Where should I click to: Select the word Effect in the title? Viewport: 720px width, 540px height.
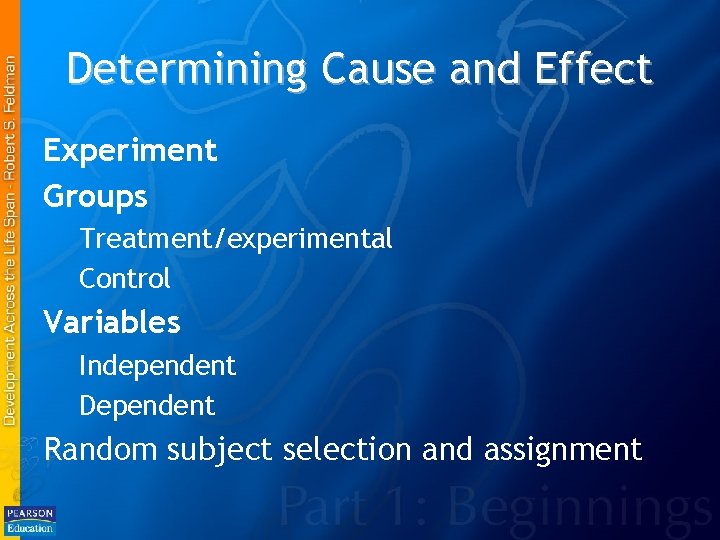[595, 69]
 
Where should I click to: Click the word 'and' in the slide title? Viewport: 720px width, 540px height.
[480, 69]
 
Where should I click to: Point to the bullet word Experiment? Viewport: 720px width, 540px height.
[130, 151]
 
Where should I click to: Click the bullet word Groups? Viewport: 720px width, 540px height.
[96, 196]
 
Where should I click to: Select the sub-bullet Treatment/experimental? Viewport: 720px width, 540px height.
[236, 239]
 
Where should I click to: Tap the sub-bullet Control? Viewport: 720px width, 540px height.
[125, 278]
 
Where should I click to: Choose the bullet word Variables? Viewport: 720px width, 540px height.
[112, 322]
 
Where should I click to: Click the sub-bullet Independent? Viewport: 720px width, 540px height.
[158, 366]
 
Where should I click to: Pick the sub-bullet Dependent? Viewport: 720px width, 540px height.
[147, 406]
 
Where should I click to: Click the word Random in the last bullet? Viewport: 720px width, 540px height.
[101, 449]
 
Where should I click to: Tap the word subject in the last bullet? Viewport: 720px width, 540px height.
[220, 450]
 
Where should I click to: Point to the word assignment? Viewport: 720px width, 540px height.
[562, 450]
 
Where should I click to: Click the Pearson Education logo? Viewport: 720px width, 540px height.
[30, 519]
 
